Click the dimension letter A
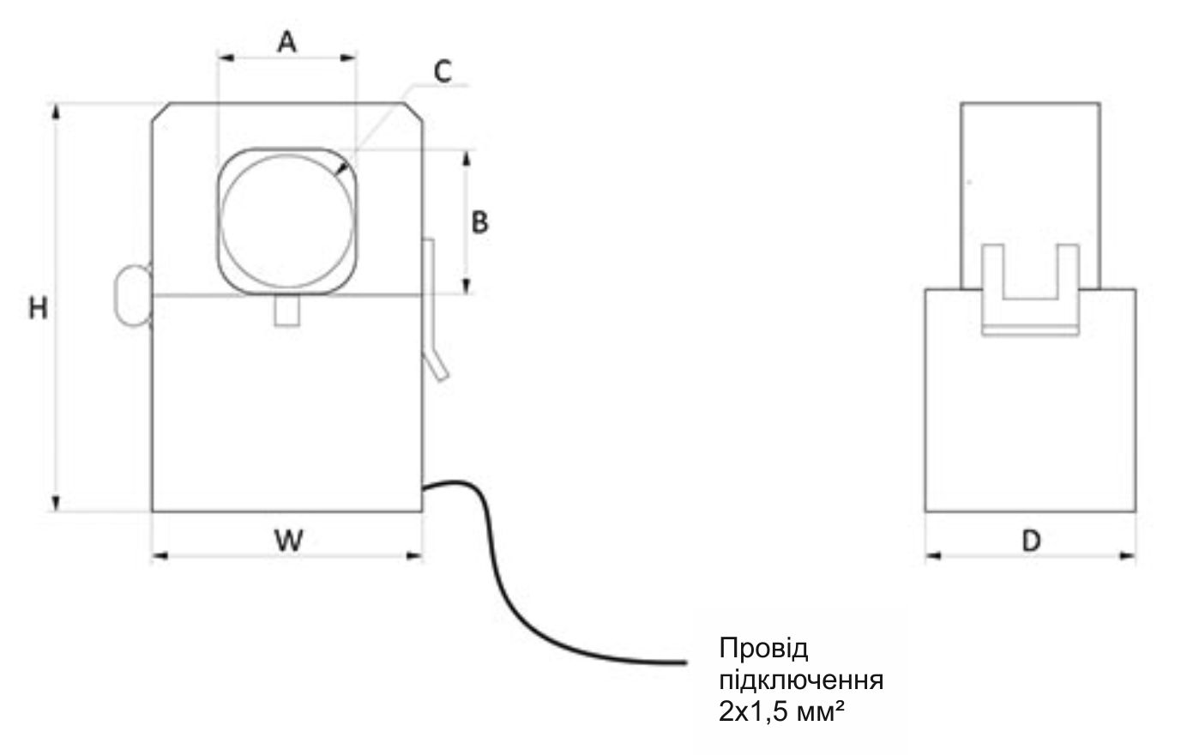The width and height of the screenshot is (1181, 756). (x=286, y=40)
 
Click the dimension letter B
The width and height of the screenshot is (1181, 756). (x=480, y=221)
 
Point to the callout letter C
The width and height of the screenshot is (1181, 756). (x=442, y=72)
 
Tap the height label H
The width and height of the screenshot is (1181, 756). (x=38, y=308)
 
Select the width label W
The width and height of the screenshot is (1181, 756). (x=288, y=540)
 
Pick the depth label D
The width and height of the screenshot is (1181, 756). (x=1032, y=541)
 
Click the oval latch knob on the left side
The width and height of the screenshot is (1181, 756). (x=130, y=295)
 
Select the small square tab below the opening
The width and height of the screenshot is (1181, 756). (x=286, y=310)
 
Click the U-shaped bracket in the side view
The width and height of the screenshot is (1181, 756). (x=1029, y=292)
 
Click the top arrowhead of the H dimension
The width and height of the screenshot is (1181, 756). (x=57, y=110)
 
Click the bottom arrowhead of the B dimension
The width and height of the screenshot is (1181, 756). (x=467, y=287)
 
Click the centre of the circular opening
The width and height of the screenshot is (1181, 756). (x=286, y=221)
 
